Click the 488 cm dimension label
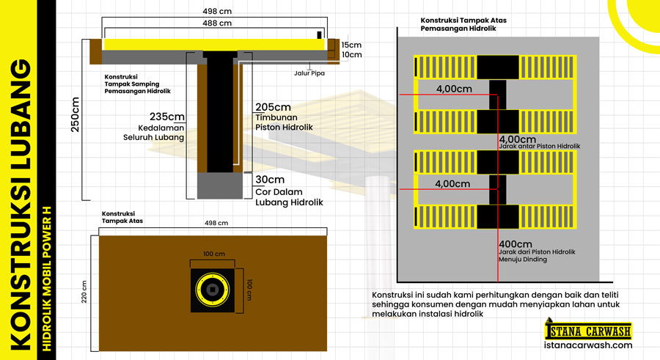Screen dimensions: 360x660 [x=216, y=23]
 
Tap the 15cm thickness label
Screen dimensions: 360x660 [x=351, y=45]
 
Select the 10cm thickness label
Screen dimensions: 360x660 [x=351, y=55]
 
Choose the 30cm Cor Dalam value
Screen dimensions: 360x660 [x=270, y=180]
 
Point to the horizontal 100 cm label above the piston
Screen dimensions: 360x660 [x=213, y=254]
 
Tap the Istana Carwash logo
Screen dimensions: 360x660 [x=588, y=329]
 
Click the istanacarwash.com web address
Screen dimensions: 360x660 [x=588, y=345]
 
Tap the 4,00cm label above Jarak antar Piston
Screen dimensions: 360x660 [x=516, y=139]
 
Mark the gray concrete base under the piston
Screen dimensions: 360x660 [x=218, y=185]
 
